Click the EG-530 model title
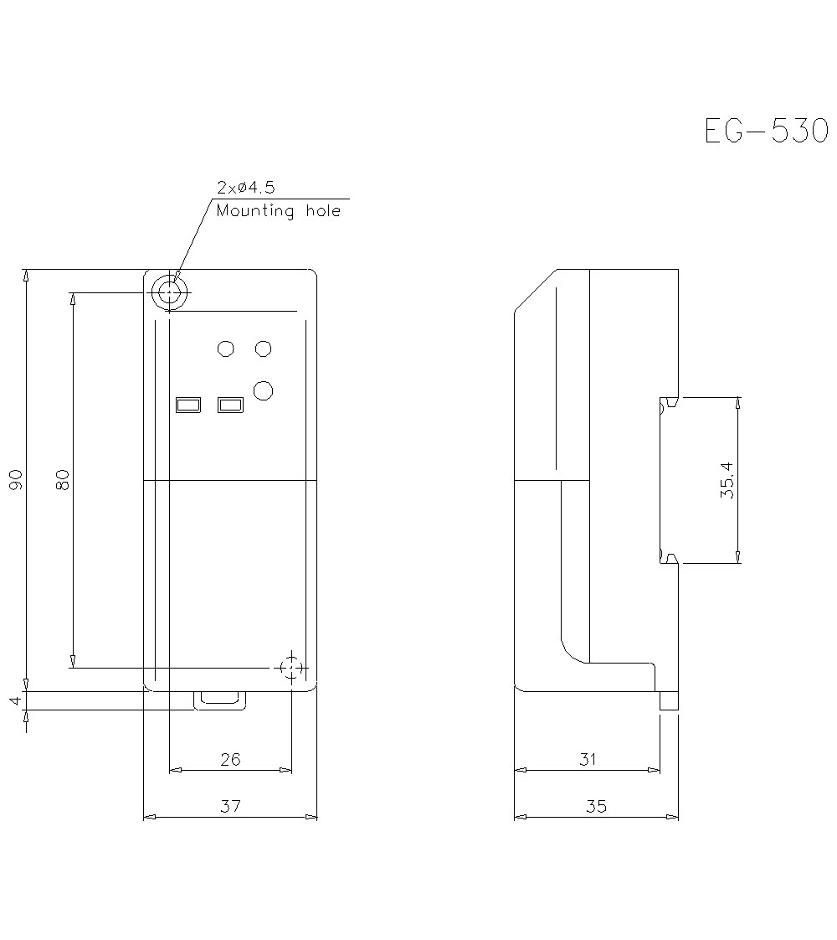click(765, 132)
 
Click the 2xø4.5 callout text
click(245, 187)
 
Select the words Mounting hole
click(279, 211)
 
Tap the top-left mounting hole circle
click(170, 292)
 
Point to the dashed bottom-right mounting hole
click(290, 668)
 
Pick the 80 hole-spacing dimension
click(63, 479)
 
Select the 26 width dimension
click(230, 759)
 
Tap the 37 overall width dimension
click(230, 806)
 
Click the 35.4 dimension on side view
click(727, 480)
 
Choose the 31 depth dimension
click(588, 759)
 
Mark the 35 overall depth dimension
click(596, 806)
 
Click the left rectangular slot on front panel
click(188, 405)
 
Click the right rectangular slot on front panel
click(230, 405)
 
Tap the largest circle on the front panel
click(264, 390)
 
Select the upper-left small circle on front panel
click(225, 349)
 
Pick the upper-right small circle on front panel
click(264, 349)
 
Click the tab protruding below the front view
click(221, 700)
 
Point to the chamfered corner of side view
click(535, 290)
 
